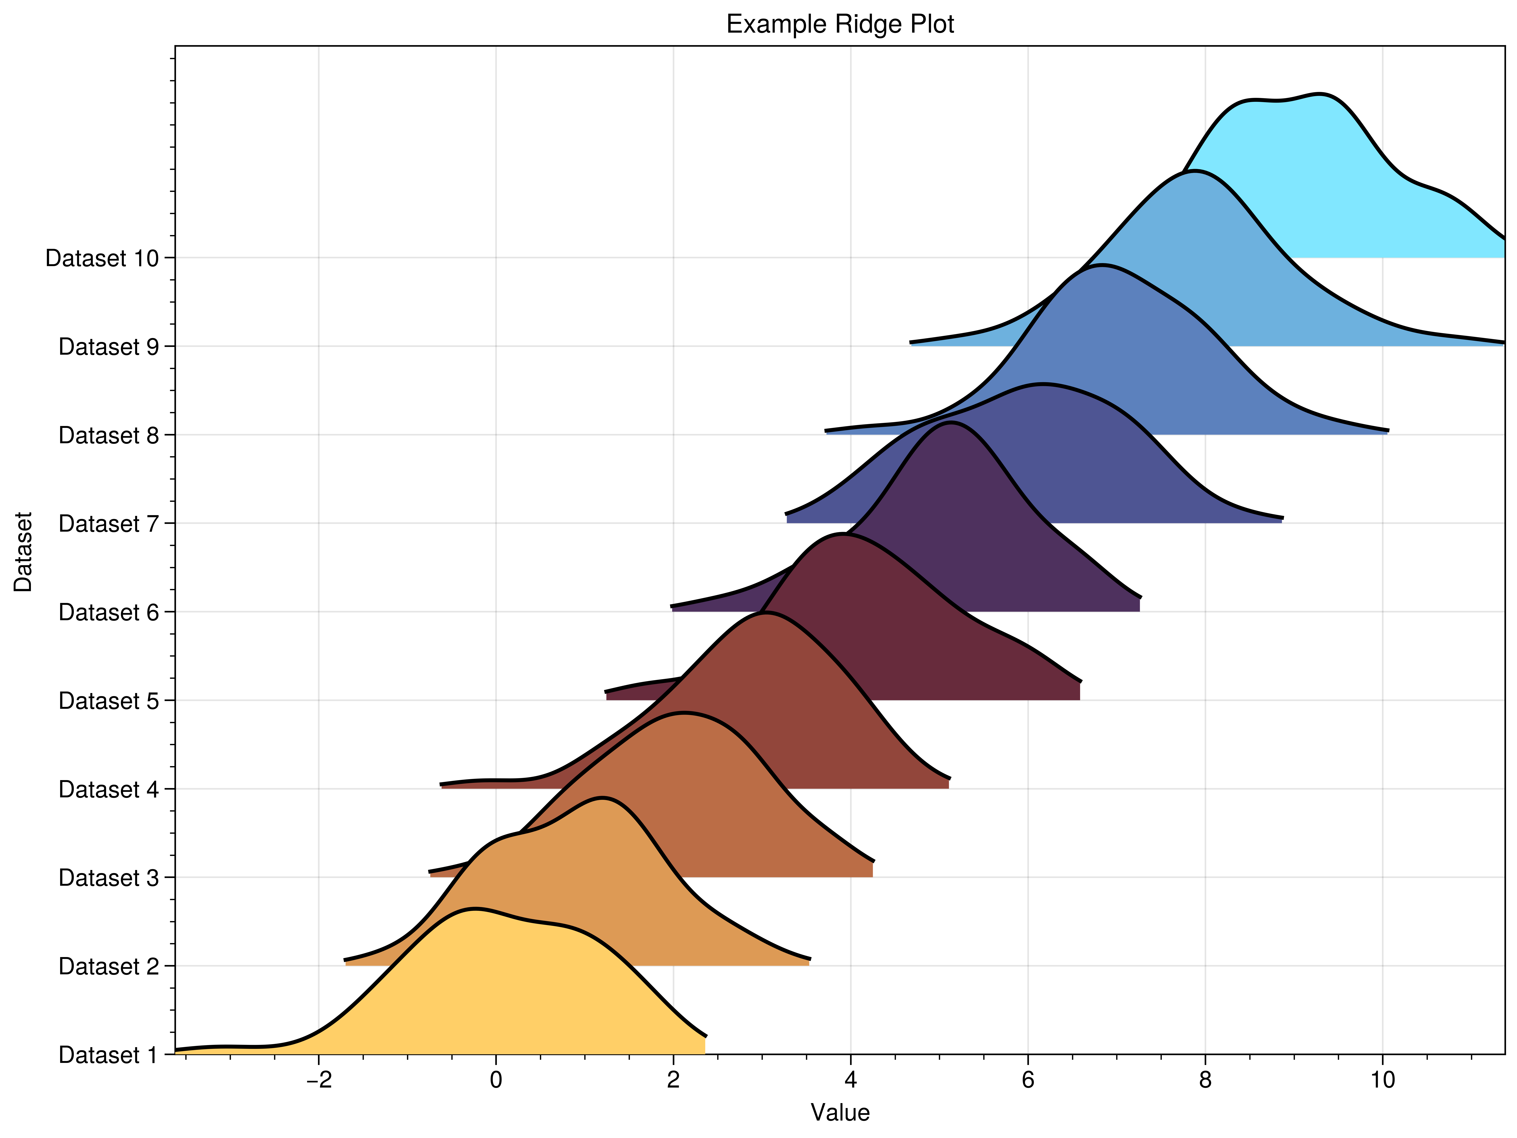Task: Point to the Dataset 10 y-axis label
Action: coord(101,259)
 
